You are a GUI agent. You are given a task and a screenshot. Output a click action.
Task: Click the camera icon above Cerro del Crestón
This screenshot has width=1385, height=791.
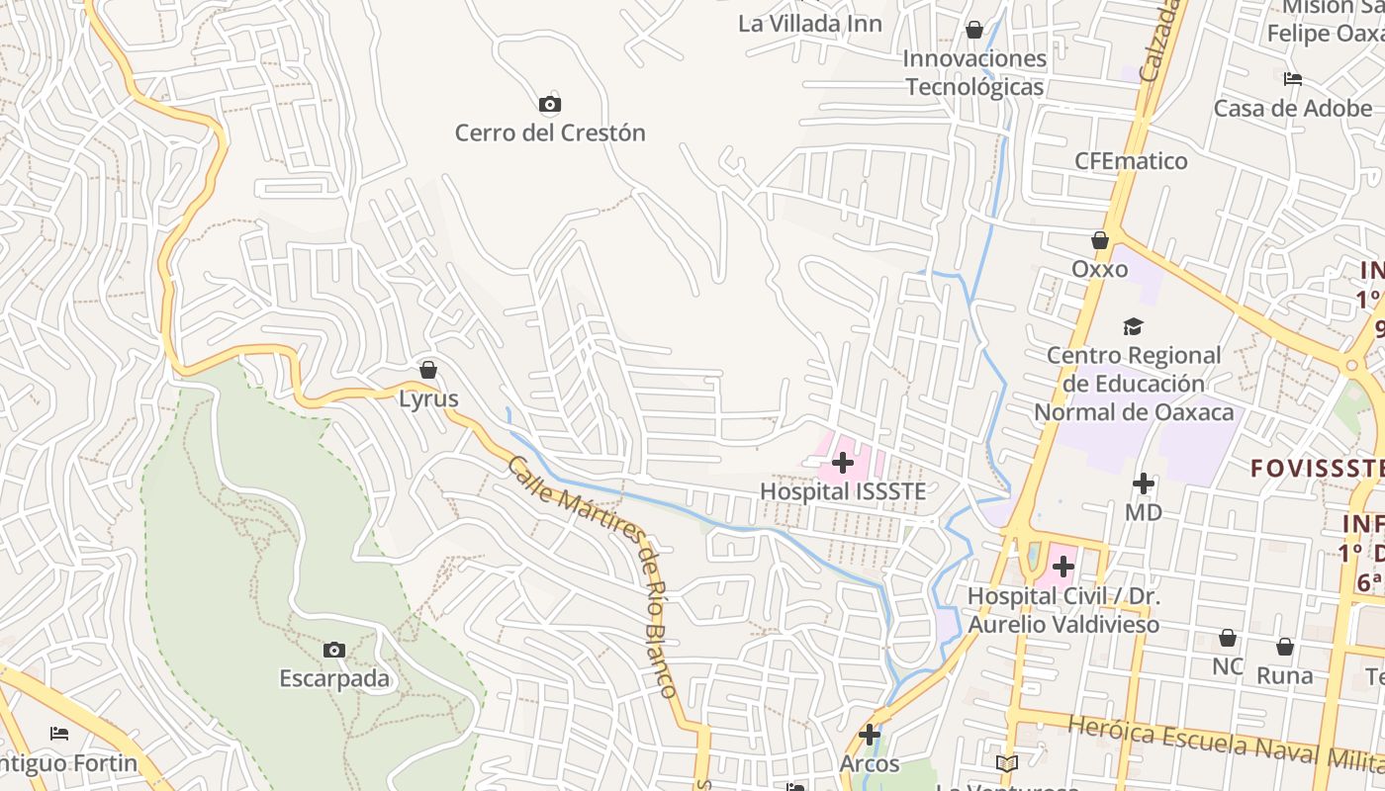[x=550, y=104]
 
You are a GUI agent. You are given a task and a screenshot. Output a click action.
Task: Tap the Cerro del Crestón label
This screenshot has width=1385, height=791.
[x=550, y=132]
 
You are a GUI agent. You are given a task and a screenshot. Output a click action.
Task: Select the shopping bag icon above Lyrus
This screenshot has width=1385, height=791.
[x=428, y=370]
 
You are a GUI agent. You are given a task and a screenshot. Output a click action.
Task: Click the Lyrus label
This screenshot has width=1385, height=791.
[x=428, y=398]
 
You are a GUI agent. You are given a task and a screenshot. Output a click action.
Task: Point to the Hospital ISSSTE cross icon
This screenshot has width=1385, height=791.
[x=843, y=462]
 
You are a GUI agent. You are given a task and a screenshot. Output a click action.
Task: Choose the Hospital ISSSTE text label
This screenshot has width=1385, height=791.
[x=843, y=491]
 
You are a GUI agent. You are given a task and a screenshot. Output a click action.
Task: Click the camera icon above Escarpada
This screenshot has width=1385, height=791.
[x=334, y=650]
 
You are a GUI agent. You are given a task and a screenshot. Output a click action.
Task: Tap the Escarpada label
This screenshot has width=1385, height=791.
[x=334, y=679]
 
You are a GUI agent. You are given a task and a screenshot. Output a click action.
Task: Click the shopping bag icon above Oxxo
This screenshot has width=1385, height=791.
[x=1100, y=240]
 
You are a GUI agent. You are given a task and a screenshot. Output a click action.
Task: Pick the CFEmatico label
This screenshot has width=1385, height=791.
[x=1132, y=161]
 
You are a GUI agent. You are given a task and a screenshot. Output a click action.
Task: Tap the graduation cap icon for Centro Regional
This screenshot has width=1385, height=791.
[x=1133, y=326]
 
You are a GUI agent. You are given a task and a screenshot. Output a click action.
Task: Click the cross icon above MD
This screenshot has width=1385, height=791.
[x=1144, y=483]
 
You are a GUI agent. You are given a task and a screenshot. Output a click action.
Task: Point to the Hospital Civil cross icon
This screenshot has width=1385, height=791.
[x=1063, y=567]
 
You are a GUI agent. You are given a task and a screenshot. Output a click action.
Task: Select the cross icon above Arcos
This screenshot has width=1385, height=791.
[x=870, y=735]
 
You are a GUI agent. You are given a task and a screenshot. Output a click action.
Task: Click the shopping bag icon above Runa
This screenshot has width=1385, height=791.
[x=1285, y=647]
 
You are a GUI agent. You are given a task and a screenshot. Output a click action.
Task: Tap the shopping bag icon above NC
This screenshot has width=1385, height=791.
[x=1228, y=638]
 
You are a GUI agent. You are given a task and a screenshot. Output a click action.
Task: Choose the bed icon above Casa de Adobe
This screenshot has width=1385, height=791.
[x=1293, y=79]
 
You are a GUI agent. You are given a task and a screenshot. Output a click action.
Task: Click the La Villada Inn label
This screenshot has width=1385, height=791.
[x=810, y=23]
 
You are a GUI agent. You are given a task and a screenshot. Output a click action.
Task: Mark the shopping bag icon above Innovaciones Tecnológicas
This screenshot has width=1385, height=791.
[x=974, y=30]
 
